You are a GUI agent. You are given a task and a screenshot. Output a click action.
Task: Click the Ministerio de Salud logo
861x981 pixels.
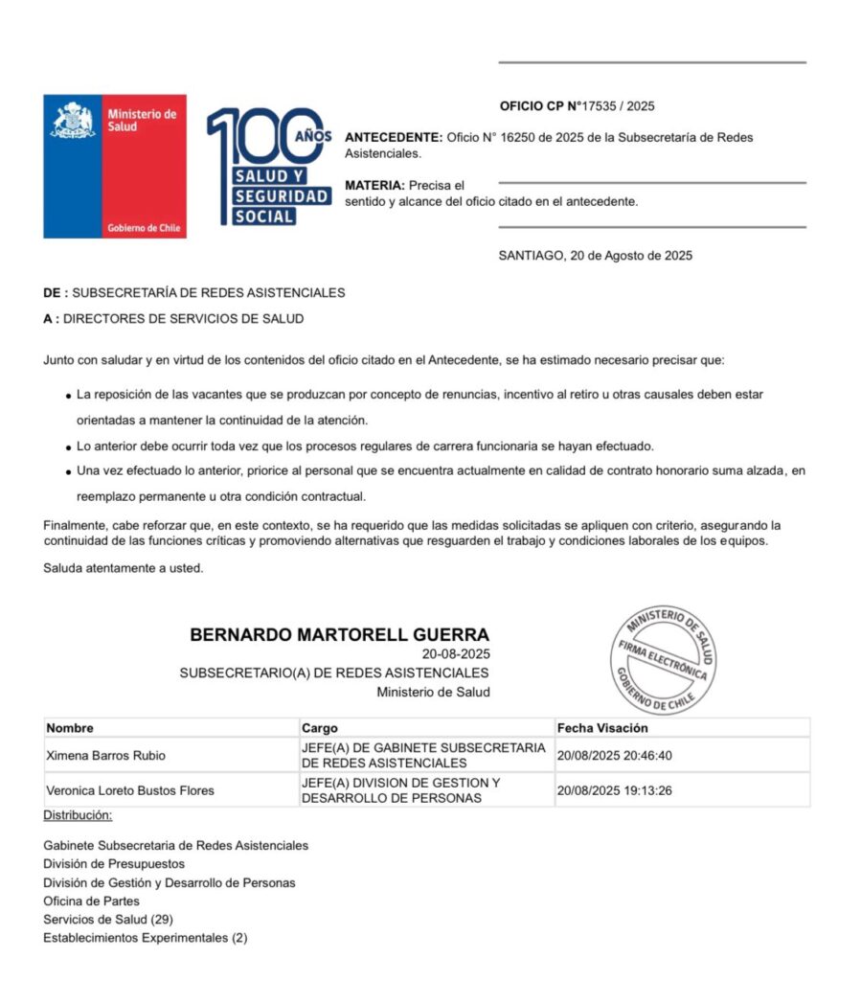114,166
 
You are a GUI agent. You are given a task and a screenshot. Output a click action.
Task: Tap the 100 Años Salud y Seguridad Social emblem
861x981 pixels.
269,166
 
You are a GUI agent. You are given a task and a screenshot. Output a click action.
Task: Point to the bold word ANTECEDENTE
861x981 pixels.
393,137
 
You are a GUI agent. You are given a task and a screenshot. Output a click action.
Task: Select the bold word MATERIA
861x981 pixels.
374,185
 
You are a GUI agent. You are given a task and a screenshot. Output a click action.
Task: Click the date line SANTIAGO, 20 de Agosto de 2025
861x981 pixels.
595,256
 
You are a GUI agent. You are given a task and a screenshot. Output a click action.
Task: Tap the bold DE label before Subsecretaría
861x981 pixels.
54,293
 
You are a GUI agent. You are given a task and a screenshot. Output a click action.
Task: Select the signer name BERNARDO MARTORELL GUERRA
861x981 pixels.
339,635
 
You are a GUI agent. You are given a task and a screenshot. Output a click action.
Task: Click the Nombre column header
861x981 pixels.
70,728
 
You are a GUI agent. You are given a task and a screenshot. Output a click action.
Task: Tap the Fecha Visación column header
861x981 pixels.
602,728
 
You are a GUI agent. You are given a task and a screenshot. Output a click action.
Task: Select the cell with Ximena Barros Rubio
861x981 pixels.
105,756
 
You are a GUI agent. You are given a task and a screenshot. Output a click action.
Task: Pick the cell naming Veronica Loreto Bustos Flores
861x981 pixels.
130,790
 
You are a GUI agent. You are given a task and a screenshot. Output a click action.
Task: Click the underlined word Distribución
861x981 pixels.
78,815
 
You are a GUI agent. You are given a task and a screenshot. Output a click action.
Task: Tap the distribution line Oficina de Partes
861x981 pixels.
91,901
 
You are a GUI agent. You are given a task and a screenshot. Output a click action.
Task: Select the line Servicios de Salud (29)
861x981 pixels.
107,920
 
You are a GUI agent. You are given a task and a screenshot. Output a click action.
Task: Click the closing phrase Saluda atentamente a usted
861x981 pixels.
124,568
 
